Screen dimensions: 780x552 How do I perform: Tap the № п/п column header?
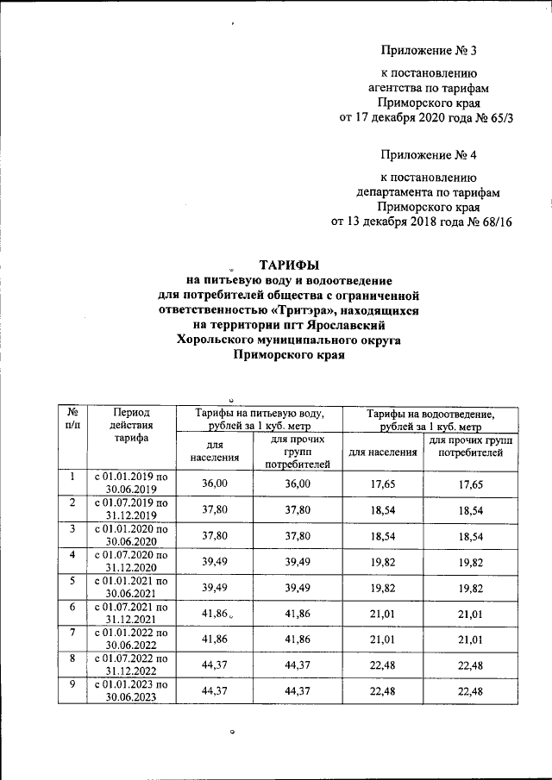[x=73, y=419]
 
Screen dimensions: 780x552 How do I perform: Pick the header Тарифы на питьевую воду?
[x=258, y=420]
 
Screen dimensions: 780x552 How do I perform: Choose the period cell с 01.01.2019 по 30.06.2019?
[x=131, y=484]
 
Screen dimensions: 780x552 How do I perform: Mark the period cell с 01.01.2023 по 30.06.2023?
[x=131, y=690]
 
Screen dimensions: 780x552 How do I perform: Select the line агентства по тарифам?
[x=428, y=87]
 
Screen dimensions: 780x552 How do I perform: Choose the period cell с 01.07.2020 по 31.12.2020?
[x=131, y=561]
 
